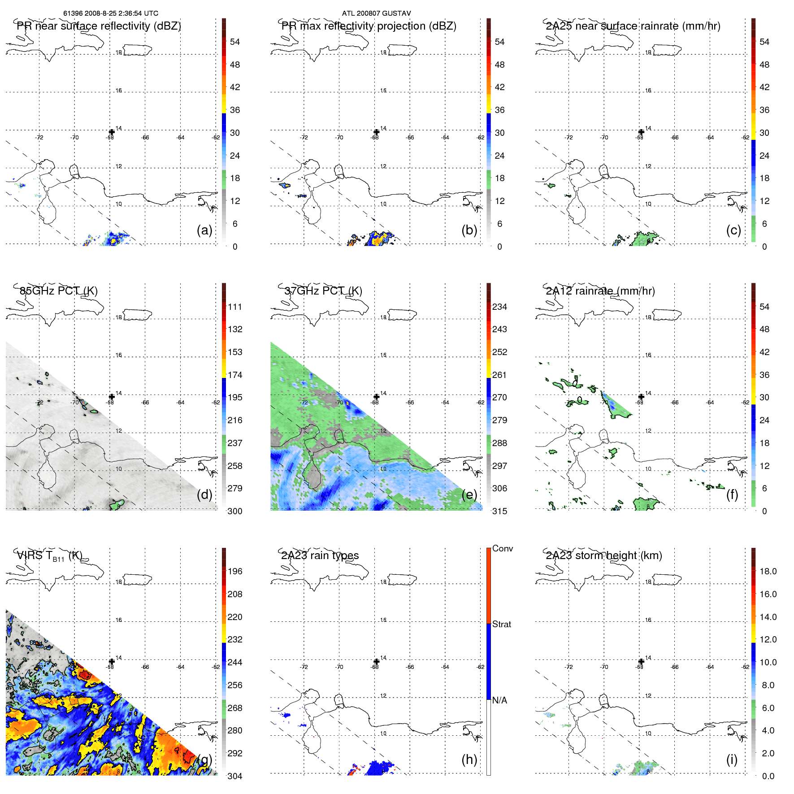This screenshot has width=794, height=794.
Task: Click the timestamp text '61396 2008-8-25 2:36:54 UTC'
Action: [110, 13]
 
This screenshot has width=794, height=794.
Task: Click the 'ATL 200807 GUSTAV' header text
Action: [376, 13]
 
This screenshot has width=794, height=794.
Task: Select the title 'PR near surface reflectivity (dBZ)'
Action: [99, 26]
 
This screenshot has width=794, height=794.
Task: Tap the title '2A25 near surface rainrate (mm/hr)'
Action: [633, 26]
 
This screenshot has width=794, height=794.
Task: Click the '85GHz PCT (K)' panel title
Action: [58, 291]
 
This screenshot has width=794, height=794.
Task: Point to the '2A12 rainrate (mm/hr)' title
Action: [600, 291]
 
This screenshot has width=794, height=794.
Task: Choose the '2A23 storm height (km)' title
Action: [603, 555]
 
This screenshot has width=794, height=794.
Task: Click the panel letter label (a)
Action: [204, 230]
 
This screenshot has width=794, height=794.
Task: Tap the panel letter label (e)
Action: [469, 495]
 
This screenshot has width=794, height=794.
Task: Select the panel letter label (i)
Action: [732, 759]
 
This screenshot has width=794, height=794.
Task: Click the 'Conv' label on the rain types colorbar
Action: [502, 548]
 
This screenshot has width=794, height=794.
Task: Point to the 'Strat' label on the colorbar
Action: [501, 624]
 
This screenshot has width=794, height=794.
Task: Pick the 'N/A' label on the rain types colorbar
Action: [499, 700]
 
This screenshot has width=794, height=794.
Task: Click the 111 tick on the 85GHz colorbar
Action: [234, 307]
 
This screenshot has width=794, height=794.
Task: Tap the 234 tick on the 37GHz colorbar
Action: [499, 307]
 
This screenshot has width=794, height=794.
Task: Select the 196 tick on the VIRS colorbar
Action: [234, 571]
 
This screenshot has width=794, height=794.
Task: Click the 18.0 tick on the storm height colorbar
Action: [768, 571]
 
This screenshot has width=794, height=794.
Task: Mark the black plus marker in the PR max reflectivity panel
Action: [377, 132]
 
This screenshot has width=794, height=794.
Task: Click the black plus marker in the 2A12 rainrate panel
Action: [641, 397]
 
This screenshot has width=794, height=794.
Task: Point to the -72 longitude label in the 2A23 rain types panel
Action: [304, 667]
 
